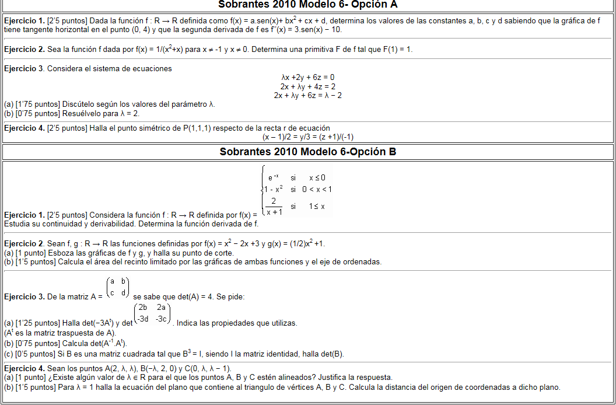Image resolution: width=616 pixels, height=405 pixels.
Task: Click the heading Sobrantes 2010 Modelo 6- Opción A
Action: [x=307, y=5]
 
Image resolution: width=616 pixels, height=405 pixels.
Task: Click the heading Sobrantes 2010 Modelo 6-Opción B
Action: [x=307, y=152]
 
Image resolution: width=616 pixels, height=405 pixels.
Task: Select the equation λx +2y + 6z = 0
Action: [x=307, y=77]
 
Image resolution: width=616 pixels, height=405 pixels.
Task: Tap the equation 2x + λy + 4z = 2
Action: [x=307, y=86]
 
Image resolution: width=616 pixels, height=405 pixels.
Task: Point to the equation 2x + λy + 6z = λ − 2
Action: [x=307, y=95]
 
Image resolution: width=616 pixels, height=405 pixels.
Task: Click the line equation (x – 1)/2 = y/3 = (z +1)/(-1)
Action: [x=308, y=137]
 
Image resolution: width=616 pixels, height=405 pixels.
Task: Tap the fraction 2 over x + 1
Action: [x=272, y=206]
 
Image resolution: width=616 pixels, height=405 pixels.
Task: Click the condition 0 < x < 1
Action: [x=317, y=189]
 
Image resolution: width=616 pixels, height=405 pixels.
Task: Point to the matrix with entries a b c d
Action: [x=117, y=287]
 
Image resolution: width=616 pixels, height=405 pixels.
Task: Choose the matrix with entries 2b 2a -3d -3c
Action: [x=152, y=313]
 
